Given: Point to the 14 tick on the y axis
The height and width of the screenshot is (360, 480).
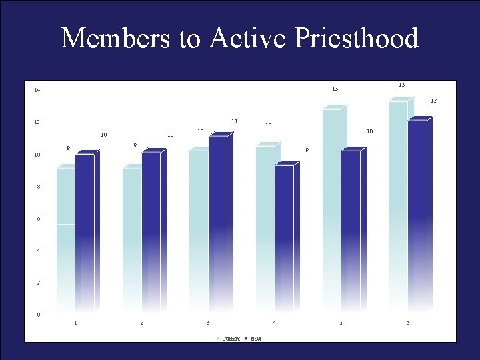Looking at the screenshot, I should click(x=37, y=90).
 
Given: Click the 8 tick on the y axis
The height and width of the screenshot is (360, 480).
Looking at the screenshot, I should click(x=38, y=187).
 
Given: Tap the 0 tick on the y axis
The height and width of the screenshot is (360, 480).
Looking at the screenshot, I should click(x=38, y=315).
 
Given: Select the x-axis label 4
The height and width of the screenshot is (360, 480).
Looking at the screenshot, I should click(x=275, y=323).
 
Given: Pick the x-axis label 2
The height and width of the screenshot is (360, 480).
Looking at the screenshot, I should click(x=141, y=323).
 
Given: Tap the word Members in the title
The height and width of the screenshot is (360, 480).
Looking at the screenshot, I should click(x=116, y=39).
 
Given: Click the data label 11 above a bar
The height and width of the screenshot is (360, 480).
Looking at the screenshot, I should click(x=235, y=121).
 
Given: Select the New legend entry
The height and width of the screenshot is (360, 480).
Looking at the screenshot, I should click(x=256, y=339).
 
